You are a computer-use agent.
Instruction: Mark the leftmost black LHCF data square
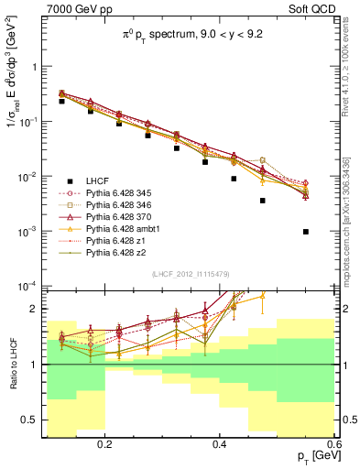pos(61,102)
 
